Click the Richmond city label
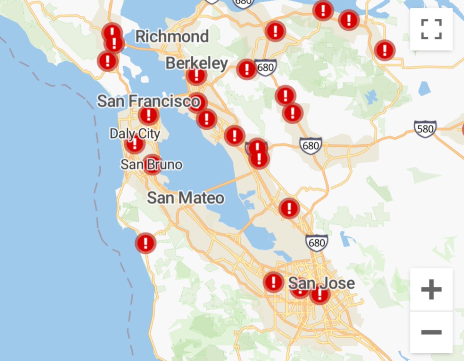pyautogui.click(x=172, y=37)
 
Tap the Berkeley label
pyautogui.click(x=196, y=63)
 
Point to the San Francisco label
pyautogui.click(x=149, y=102)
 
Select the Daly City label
pyautogui.click(x=135, y=134)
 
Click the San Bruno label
pyautogui.click(x=151, y=165)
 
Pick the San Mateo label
pyautogui.click(x=186, y=198)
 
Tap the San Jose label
pyautogui.click(x=321, y=283)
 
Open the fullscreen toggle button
pyautogui.click(x=431, y=29)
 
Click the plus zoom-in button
pyautogui.click(x=431, y=290)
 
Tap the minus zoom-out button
pyautogui.click(x=431, y=332)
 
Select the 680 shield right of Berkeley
pyautogui.click(x=266, y=68)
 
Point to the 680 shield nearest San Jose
pyautogui.click(x=317, y=242)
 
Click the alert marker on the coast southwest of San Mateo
pyautogui.click(x=146, y=243)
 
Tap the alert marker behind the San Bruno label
pyautogui.click(x=152, y=164)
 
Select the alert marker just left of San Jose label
pyautogui.click(x=274, y=282)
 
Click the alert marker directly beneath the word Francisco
pyautogui.click(x=148, y=115)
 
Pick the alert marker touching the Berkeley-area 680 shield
pyautogui.click(x=246, y=69)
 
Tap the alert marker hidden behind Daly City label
pyautogui.click(x=135, y=144)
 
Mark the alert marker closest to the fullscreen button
pyautogui.click(x=384, y=50)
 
